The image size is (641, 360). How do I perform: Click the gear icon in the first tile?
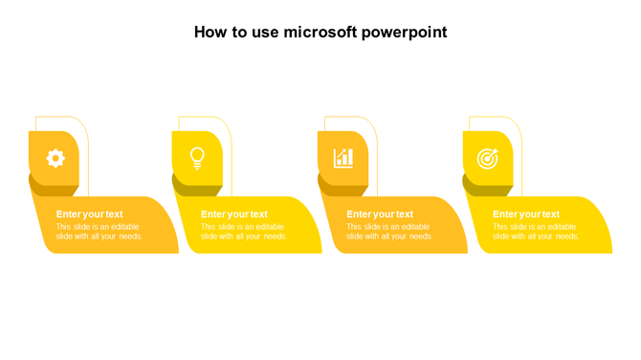[x=55, y=158]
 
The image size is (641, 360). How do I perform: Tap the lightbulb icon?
[x=197, y=158]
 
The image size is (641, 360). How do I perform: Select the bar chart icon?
[x=343, y=158]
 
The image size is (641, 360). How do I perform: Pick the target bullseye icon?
[x=488, y=158]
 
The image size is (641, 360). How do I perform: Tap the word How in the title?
[x=211, y=33]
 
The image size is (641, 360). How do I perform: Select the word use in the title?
[x=263, y=33]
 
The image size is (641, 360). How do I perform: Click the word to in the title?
[x=239, y=33]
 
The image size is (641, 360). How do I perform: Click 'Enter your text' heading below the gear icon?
[x=89, y=214]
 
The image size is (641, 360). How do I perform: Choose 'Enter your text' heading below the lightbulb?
[x=234, y=214]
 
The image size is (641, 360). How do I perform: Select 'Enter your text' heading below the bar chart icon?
[x=380, y=214]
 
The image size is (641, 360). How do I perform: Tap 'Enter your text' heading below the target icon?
[x=526, y=214]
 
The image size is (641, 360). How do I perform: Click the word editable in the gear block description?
[x=125, y=227]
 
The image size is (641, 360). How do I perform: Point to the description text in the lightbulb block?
[x=243, y=232]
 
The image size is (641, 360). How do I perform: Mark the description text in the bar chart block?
[x=388, y=232]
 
